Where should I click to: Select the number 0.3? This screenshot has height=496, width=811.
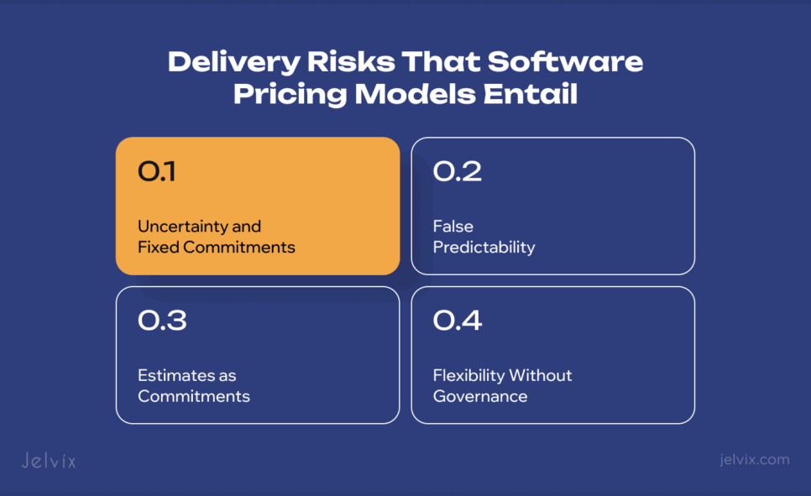pyautogui.click(x=162, y=321)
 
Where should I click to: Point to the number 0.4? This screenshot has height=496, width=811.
pyautogui.click(x=458, y=321)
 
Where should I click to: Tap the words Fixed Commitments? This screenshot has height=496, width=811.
pyautogui.click(x=217, y=248)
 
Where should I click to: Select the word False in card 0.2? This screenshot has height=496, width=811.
pyautogui.click(x=453, y=226)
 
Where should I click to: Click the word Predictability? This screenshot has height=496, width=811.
pyautogui.click(x=484, y=248)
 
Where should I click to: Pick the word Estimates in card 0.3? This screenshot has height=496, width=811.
pyautogui.click(x=175, y=375)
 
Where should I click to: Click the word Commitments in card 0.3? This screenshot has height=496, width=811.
pyautogui.click(x=194, y=396)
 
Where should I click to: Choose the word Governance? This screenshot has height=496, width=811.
pyautogui.click(x=480, y=396)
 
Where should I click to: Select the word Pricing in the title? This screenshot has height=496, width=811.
pyautogui.click(x=289, y=94)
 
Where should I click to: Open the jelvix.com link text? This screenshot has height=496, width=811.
pyautogui.click(x=755, y=459)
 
